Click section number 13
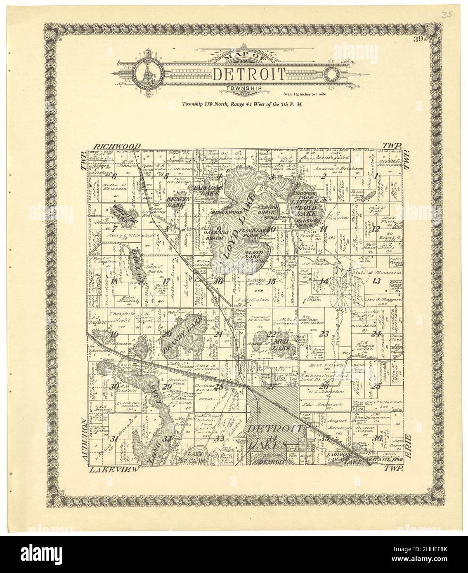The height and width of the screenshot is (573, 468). coord(376,282)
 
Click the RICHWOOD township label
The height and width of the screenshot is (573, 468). coord(117,146)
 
